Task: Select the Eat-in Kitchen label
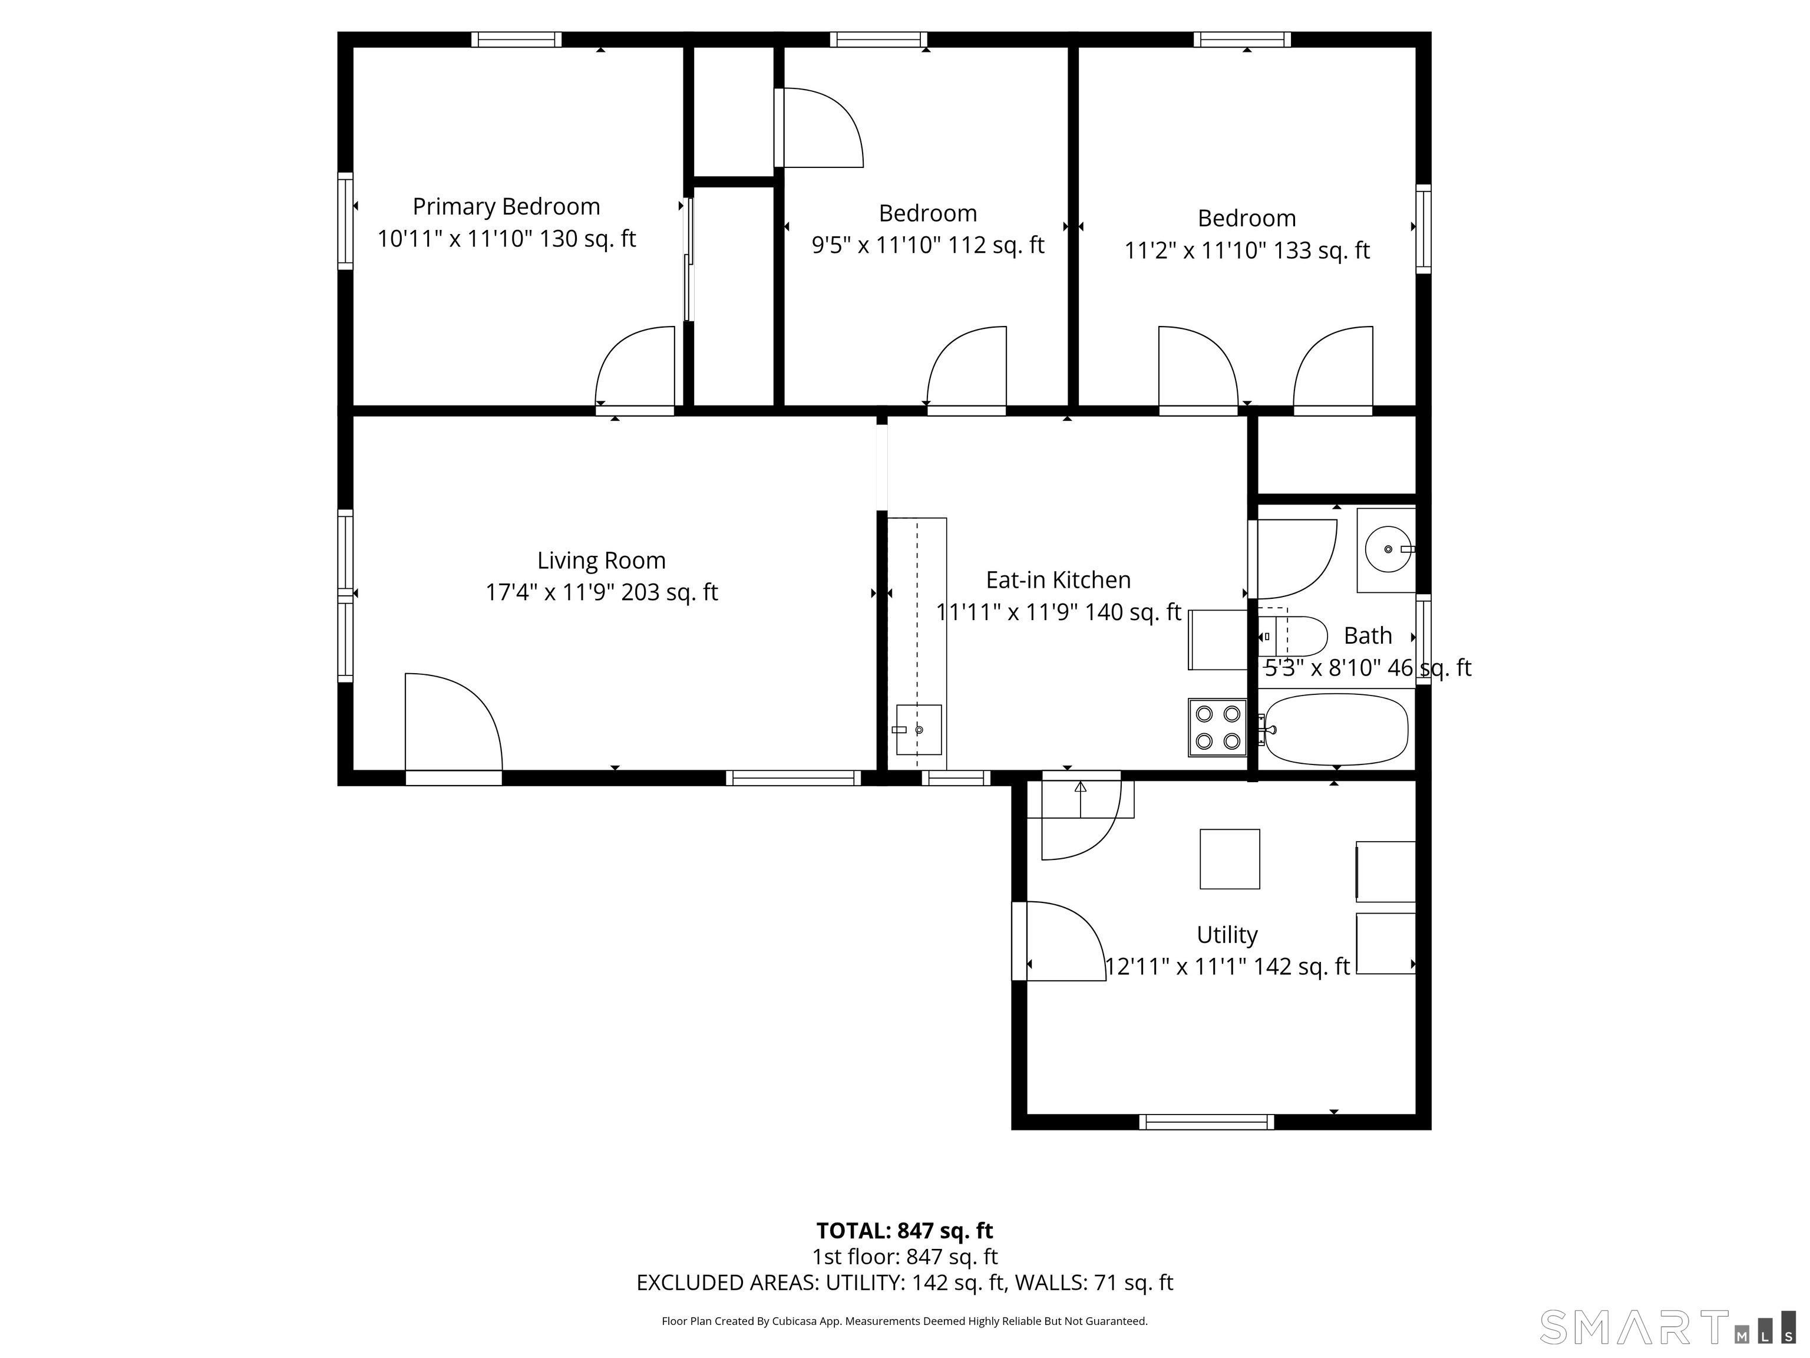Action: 1058,579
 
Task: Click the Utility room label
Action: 1227,934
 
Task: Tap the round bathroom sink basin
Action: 1388,549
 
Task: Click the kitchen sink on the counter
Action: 918,729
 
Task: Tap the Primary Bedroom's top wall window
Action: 516,39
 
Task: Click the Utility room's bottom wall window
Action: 1206,1122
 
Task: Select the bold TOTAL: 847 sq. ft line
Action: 904,1230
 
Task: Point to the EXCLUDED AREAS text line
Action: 904,1283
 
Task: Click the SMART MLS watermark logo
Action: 1665,1327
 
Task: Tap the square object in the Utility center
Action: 1229,859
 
